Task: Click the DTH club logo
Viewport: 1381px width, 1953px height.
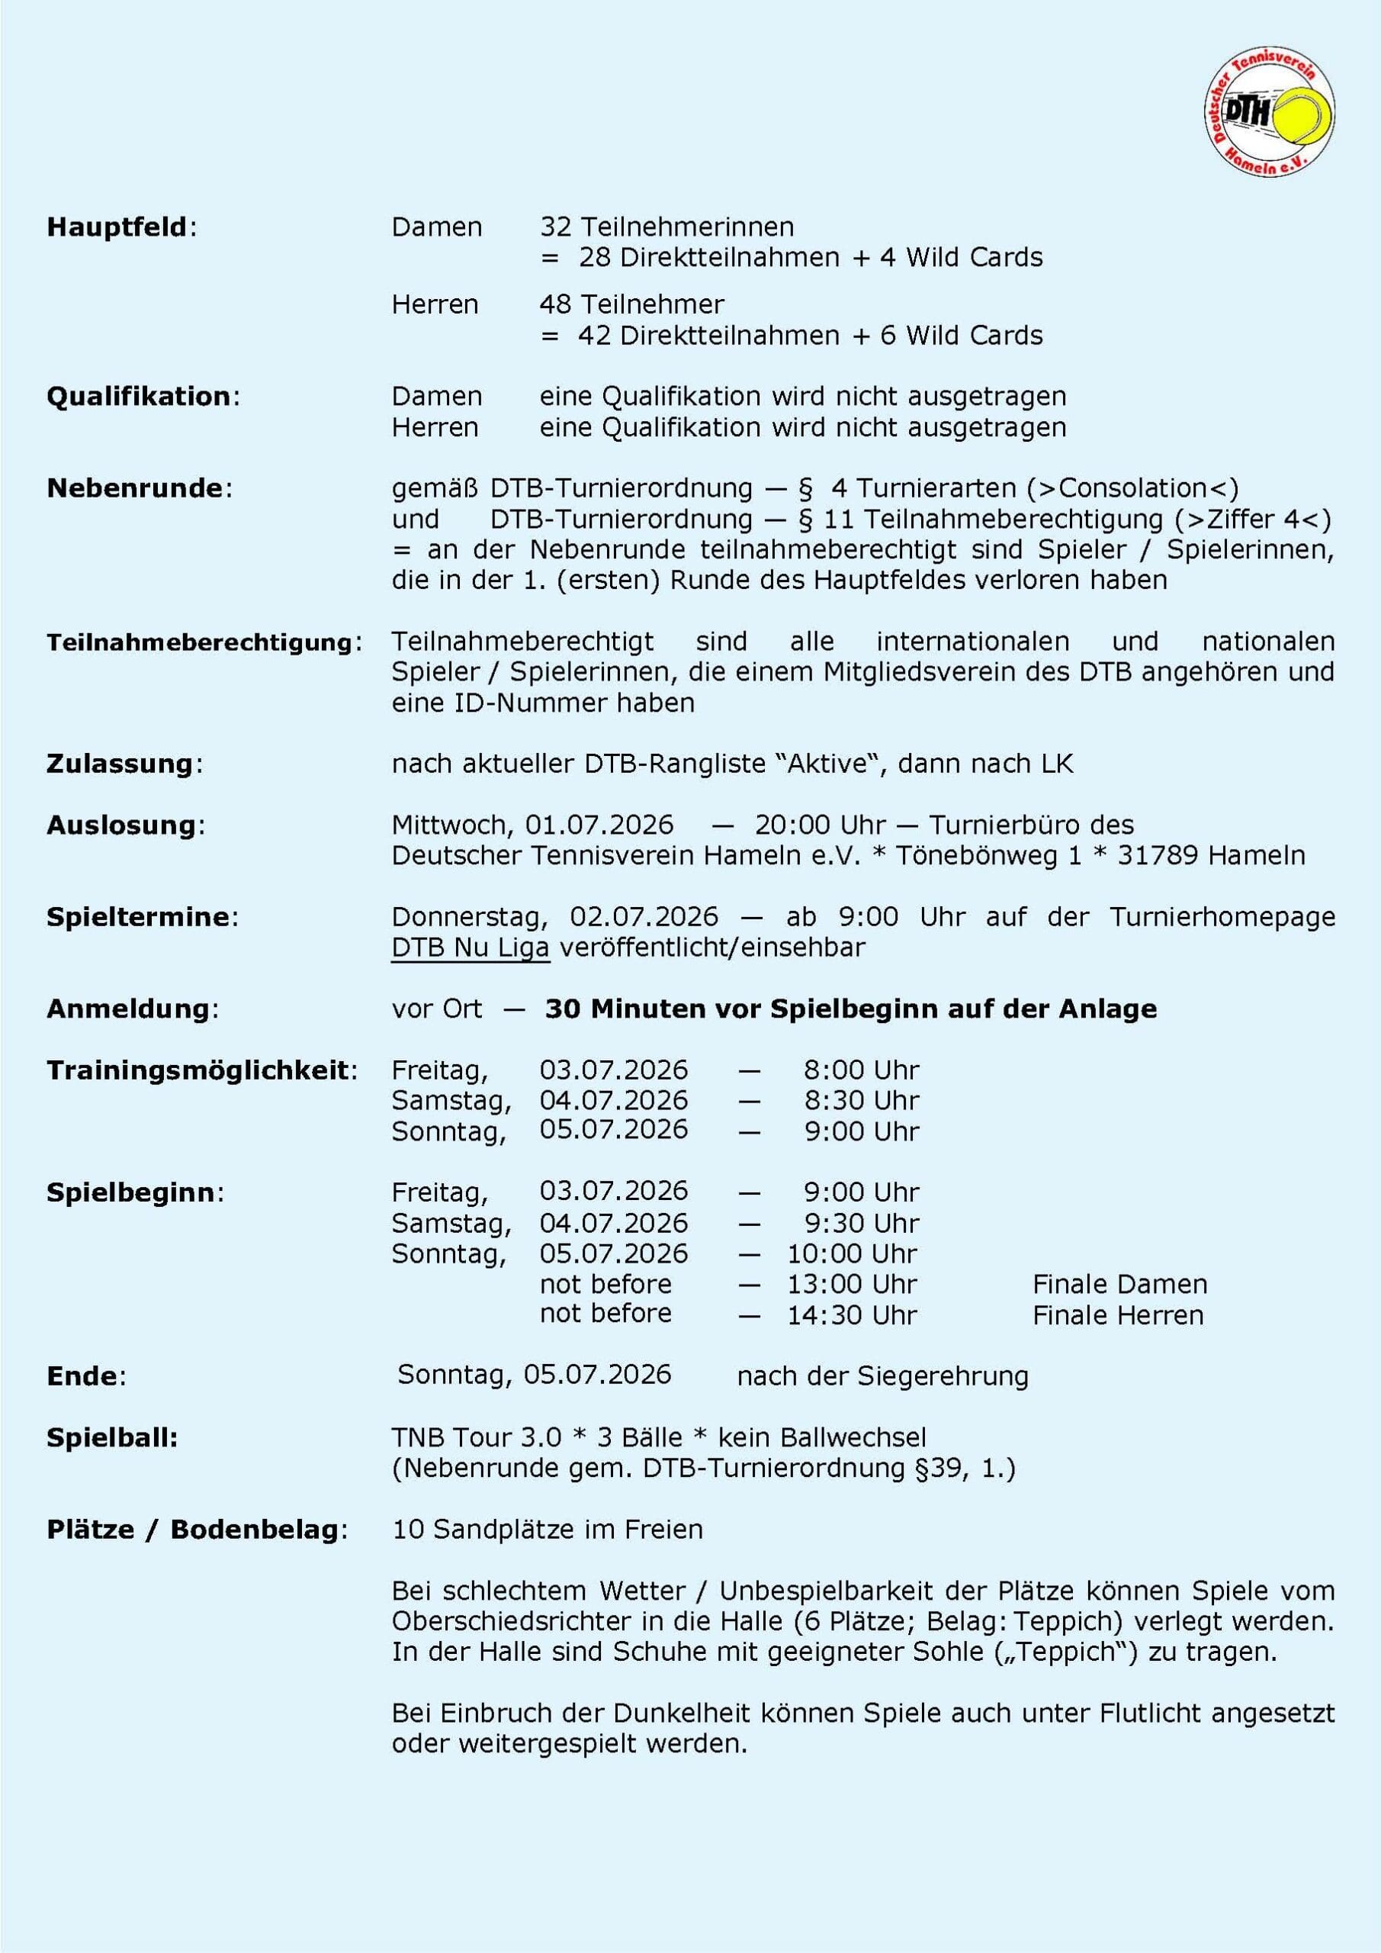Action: click(x=1269, y=113)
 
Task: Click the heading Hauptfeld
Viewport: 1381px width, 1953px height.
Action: click(x=117, y=227)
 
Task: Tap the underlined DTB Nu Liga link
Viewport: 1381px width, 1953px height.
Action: click(x=471, y=947)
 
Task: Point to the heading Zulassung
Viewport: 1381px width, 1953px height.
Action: click(x=120, y=764)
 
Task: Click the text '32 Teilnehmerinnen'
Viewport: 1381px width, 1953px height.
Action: click(x=666, y=227)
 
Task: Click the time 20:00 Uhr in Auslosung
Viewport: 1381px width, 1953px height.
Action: click(x=820, y=825)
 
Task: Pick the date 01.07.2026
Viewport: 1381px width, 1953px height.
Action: click(x=599, y=825)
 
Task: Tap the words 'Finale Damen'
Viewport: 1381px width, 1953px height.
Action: click(x=1119, y=1284)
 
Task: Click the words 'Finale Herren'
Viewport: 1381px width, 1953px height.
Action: click(x=1117, y=1315)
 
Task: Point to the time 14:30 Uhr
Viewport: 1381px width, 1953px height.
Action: click(x=851, y=1315)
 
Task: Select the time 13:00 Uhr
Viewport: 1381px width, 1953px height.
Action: click(x=851, y=1284)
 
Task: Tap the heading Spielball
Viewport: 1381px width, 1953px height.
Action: click(x=111, y=1437)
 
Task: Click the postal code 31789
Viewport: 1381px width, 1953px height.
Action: click(x=1157, y=855)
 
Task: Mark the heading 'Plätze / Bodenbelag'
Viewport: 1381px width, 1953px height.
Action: click(x=193, y=1530)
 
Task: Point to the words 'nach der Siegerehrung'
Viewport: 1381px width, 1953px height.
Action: click(x=882, y=1376)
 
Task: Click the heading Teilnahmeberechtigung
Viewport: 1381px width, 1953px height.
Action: click(x=200, y=642)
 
